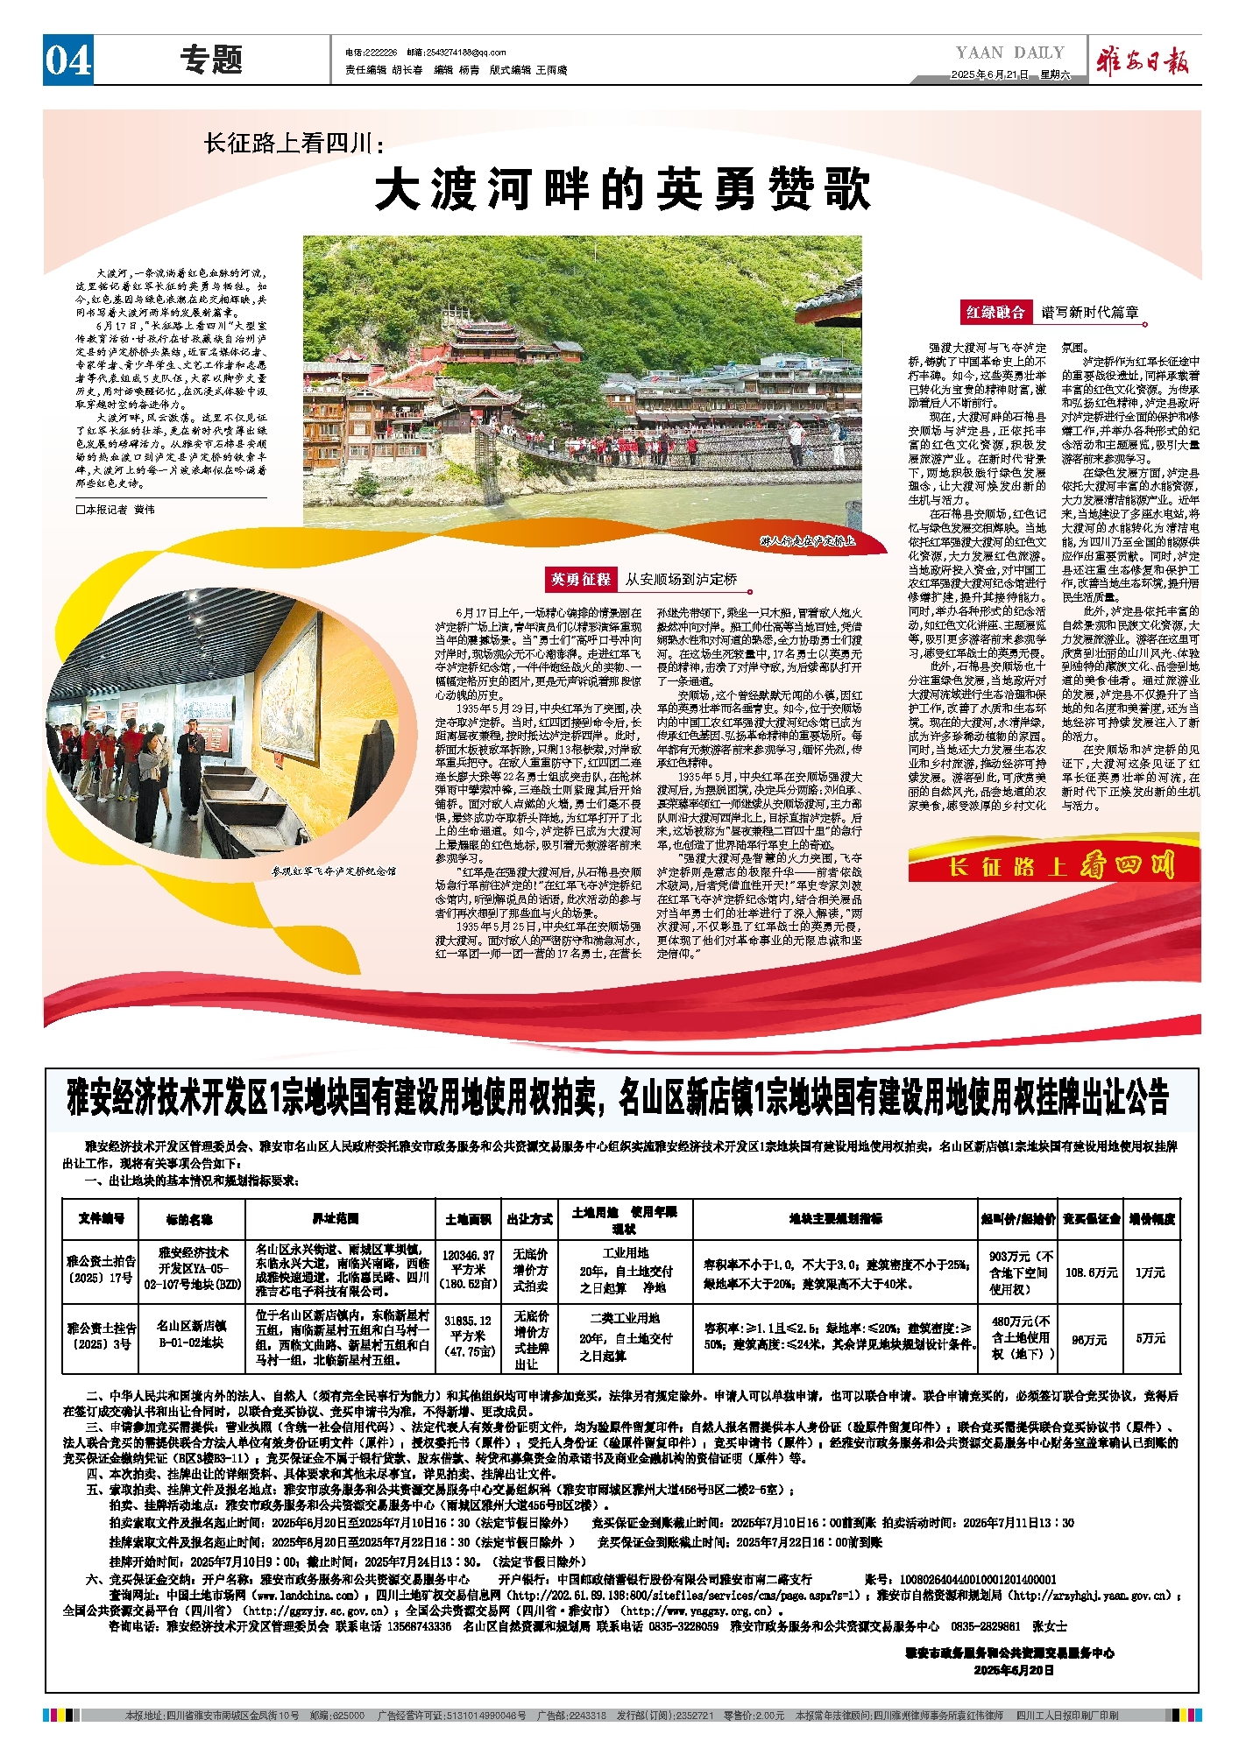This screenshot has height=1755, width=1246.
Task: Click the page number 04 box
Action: [68, 60]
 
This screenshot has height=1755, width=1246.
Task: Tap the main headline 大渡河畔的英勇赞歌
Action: [623, 190]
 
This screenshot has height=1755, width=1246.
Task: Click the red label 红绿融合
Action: [995, 313]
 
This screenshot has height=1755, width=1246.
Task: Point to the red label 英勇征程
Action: [580, 579]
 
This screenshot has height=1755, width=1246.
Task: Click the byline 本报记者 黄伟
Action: [116, 509]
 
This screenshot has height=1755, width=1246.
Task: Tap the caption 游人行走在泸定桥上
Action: [806, 541]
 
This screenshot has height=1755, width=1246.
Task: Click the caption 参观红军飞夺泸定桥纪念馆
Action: [333, 871]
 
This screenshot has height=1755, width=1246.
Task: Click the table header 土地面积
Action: [468, 1218]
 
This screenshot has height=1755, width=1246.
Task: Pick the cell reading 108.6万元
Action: [1091, 1272]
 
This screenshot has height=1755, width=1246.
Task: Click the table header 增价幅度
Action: [1151, 1218]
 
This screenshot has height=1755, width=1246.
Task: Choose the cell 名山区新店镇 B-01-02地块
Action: [191, 1334]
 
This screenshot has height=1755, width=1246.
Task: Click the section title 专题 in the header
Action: [211, 60]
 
